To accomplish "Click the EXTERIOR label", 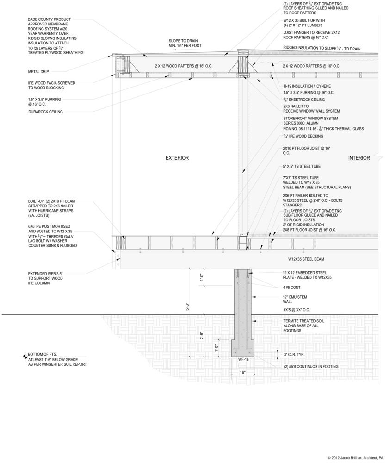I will (177, 158).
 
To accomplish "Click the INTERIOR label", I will (359, 158).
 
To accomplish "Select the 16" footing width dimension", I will (243, 372).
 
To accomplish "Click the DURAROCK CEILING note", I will (45, 112).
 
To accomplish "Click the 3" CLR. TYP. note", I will (297, 355).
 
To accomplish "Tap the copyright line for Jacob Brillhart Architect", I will (355, 458).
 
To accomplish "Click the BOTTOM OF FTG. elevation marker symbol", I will (25, 356).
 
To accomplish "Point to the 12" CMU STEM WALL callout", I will (295, 299).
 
